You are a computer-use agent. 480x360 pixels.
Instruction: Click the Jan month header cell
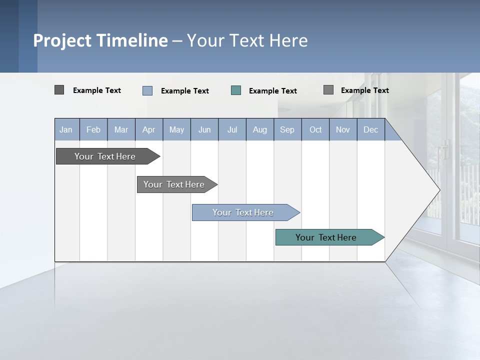(66, 129)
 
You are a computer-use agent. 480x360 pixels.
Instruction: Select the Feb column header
(93, 129)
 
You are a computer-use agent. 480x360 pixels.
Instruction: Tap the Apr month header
(149, 129)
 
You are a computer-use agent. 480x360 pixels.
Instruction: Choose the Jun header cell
(204, 129)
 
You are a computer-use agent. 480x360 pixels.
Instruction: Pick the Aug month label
(260, 129)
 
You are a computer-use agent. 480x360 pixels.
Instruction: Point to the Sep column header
(287, 129)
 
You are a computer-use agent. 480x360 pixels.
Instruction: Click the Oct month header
(315, 129)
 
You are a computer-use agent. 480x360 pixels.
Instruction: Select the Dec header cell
(371, 129)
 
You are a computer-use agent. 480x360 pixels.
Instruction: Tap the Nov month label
(343, 129)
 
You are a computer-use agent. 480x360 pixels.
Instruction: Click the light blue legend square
(147, 90)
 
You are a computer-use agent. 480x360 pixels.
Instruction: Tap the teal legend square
(236, 90)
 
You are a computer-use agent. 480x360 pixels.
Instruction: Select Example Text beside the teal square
(273, 91)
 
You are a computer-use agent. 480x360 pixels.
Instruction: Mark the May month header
(176, 129)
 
